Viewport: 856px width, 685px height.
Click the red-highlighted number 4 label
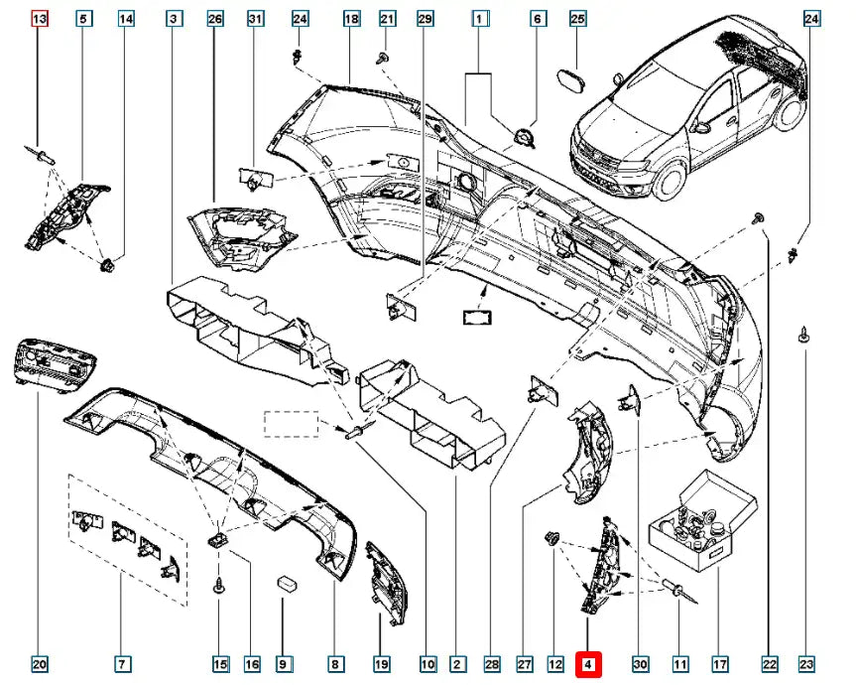click(x=588, y=664)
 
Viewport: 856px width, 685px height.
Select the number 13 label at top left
click(x=39, y=19)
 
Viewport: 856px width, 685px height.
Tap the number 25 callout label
click(x=578, y=19)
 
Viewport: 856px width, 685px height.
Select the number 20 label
click(x=39, y=664)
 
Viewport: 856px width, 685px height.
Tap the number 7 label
click(x=121, y=664)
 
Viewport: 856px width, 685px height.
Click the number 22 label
click(x=769, y=664)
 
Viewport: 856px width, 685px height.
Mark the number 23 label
click(x=806, y=664)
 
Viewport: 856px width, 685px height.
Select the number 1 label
click(x=479, y=19)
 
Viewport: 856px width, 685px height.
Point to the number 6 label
click(x=538, y=19)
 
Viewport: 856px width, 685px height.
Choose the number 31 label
click(x=256, y=19)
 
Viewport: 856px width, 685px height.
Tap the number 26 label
click(x=215, y=19)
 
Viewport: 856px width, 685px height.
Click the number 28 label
click(x=492, y=664)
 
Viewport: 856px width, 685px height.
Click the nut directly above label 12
click(x=550, y=539)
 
